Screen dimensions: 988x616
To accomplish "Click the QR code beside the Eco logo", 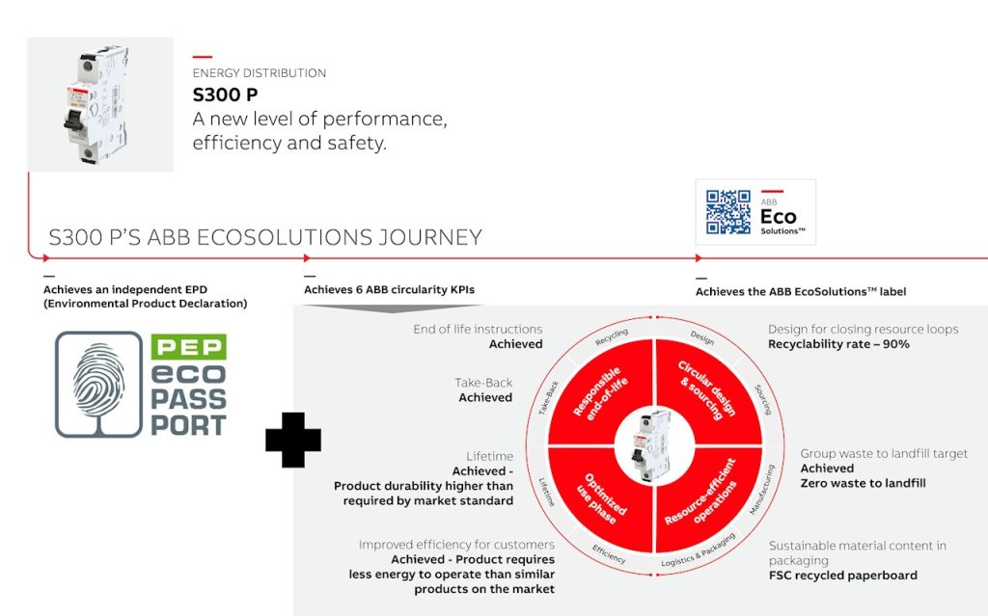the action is coord(727,212).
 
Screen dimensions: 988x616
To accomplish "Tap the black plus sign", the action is coord(293,440).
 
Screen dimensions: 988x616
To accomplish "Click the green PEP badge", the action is coord(188,346).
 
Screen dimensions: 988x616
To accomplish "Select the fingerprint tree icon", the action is coord(99,385).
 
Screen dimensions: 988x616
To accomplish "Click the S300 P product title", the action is coord(225,95).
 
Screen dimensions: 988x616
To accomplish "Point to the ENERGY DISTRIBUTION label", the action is coord(260,73).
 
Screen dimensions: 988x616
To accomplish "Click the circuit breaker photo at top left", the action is coord(99,104).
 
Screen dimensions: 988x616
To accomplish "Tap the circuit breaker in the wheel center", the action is coord(653,446).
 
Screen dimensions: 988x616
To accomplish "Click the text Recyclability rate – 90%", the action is coord(838,344).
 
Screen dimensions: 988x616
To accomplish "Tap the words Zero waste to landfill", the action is coord(864,483).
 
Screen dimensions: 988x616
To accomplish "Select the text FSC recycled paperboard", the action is coord(843,576).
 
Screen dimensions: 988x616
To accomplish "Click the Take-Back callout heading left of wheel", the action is coord(483,383).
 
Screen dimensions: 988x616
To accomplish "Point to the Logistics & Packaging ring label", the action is coord(699,549).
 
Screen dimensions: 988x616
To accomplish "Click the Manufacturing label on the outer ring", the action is coord(762,490).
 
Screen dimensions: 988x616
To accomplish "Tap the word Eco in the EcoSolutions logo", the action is coord(779,217).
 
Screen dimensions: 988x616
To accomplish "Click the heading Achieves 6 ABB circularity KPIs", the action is coord(390,290).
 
